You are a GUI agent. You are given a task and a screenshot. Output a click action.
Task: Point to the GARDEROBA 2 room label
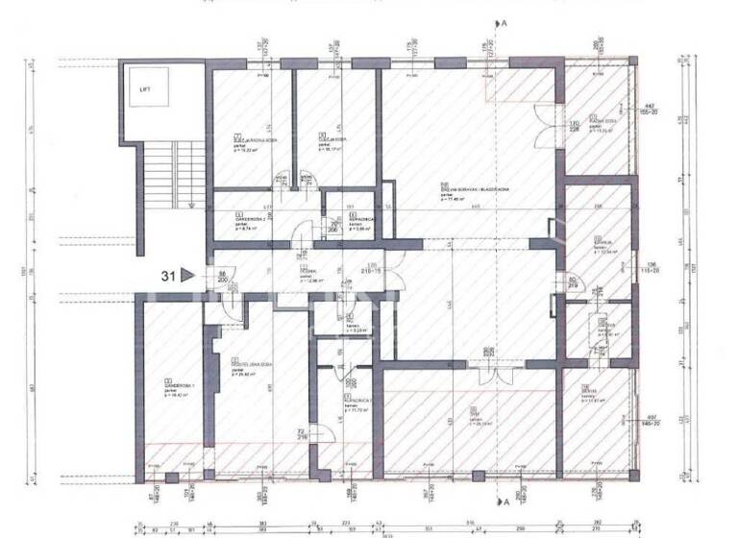[250, 219]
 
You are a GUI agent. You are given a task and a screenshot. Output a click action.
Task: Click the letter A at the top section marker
[504, 21]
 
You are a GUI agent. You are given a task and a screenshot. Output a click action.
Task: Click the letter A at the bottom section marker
[504, 501]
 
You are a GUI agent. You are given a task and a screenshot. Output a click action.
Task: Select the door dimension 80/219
[572, 283]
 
